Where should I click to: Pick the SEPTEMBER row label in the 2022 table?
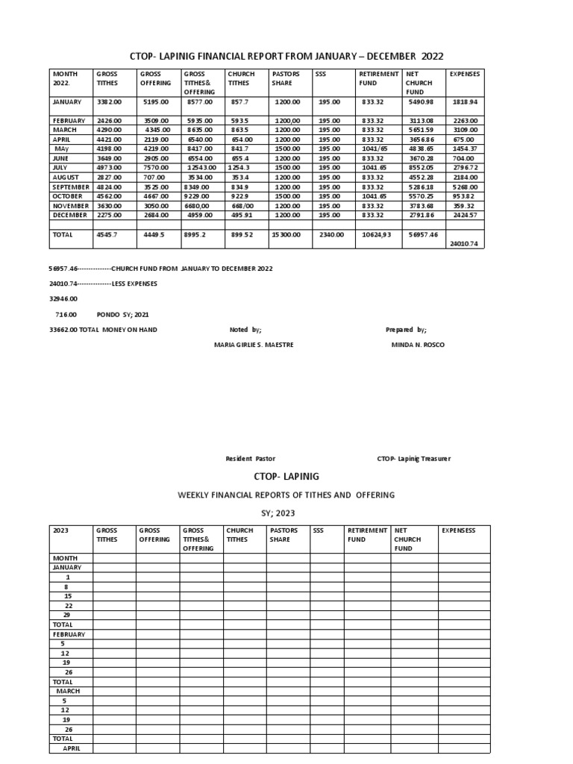click(x=70, y=187)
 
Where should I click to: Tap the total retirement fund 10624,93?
click(x=377, y=234)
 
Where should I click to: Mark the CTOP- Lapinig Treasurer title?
click(x=413, y=459)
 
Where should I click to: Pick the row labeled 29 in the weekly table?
click(x=67, y=614)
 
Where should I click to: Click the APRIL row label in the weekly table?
click(x=71, y=748)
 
